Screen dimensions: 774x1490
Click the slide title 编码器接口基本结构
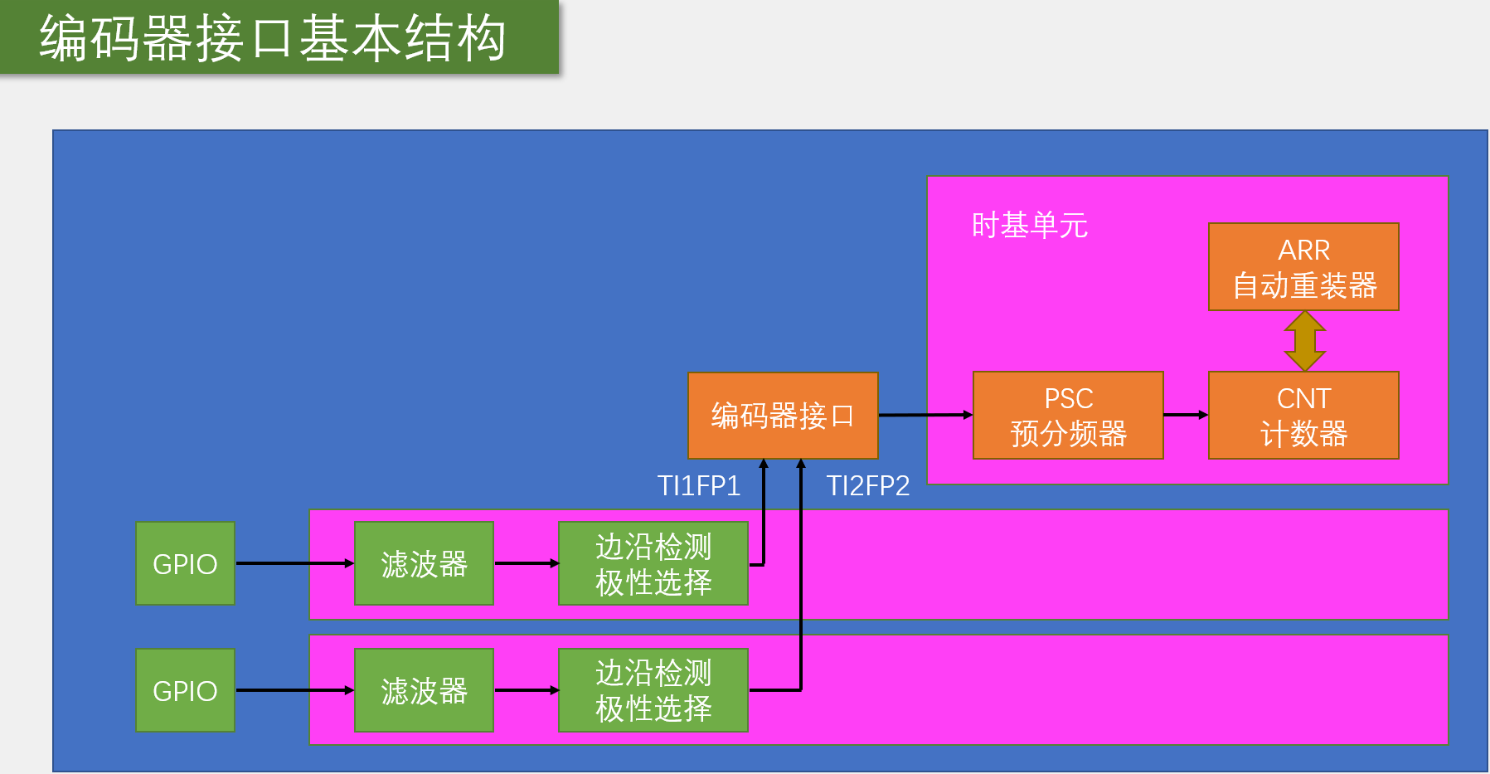point(273,38)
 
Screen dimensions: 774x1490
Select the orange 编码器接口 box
point(782,415)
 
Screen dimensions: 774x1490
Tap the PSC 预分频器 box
point(1068,415)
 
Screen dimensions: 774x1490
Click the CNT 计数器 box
point(1303,415)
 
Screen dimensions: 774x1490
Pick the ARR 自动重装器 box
point(1303,267)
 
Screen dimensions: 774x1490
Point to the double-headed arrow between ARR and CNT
point(1304,341)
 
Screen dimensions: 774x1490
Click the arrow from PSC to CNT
point(1186,415)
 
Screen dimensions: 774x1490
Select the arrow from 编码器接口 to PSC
point(925,415)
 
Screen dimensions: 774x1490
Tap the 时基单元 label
point(1029,225)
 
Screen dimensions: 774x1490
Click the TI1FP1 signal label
point(698,485)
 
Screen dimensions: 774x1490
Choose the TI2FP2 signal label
point(868,485)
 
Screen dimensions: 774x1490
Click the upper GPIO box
point(185,563)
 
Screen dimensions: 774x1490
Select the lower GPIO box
point(185,690)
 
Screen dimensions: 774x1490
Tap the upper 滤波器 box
point(424,563)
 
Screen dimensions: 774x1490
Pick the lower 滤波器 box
point(424,690)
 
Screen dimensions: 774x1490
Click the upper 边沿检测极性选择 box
point(653,563)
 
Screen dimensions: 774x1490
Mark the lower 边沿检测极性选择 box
point(653,690)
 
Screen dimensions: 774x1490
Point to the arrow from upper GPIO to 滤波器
point(294,563)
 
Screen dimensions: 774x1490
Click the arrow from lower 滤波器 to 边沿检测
point(526,690)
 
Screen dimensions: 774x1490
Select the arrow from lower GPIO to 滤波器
point(294,690)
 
